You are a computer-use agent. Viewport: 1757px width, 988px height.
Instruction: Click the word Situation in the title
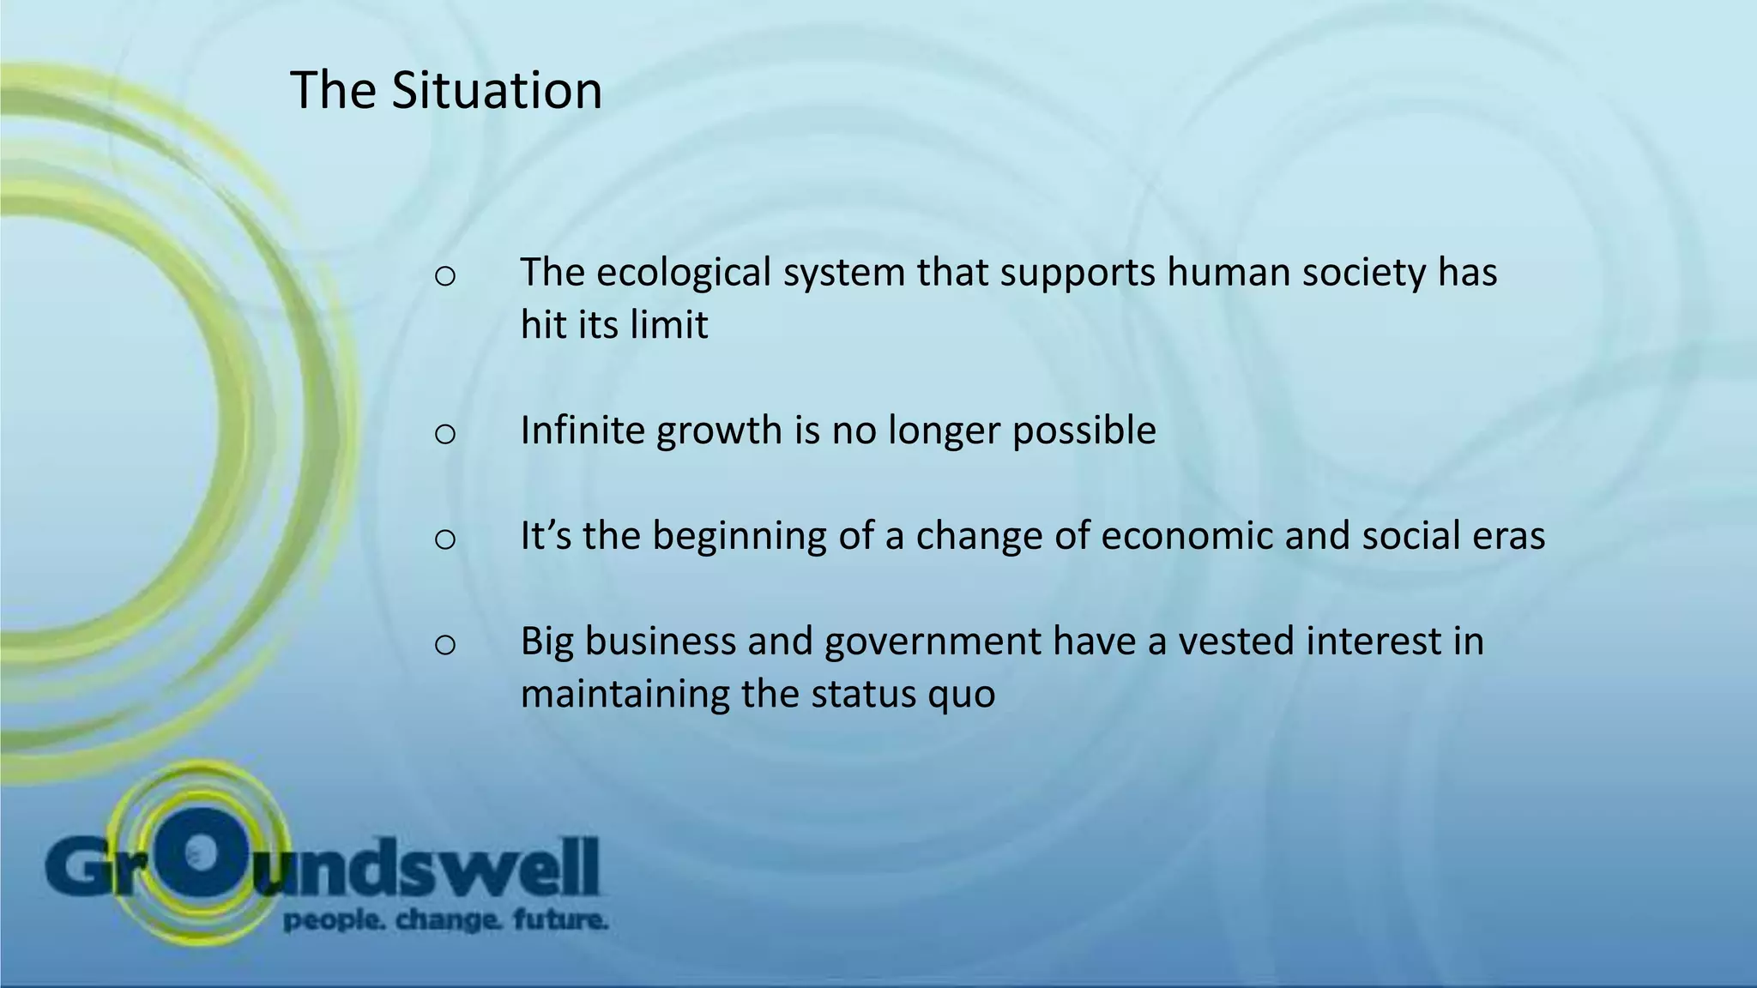[497, 90]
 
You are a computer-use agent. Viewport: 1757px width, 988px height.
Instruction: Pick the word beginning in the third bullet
[740, 538]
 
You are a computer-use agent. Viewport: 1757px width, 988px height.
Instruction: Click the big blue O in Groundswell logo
[199, 853]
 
